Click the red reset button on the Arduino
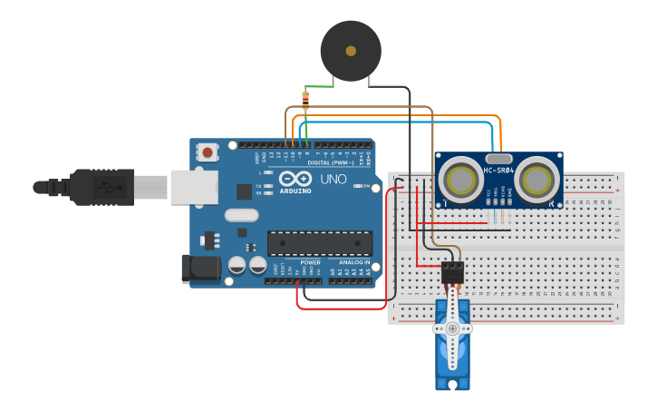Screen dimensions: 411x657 tap(208, 152)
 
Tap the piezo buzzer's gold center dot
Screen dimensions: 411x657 tap(351, 51)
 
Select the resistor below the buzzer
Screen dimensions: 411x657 tap(305, 99)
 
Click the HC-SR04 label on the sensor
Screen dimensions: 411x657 tap(498, 170)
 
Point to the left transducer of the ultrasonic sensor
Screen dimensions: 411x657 tap(461, 179)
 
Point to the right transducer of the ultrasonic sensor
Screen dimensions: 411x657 tap(537, 179)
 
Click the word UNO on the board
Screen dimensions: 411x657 tap(333, 179)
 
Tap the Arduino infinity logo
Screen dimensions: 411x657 tap(295, 178)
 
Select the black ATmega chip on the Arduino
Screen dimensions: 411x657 tap(319, 243)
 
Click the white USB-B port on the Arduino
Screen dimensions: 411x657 tap(194, 187)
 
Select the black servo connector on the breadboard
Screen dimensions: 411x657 tap(451, 272)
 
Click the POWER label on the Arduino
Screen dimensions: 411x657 tap(310, 262)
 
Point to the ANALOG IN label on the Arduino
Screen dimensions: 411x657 tap(355, 262)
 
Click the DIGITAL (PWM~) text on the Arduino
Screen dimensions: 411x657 tap(331, 162)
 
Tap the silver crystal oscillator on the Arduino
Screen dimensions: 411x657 tap(242, 216)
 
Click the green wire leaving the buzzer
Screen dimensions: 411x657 tap(319, 86)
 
